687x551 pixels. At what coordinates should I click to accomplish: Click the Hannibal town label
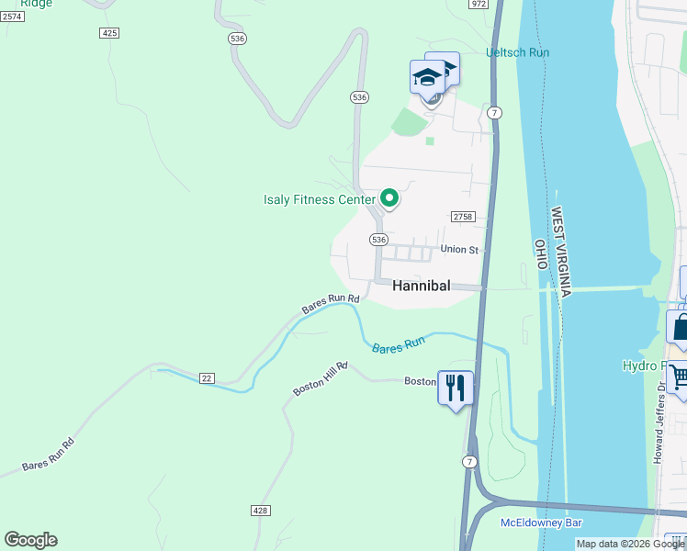422,286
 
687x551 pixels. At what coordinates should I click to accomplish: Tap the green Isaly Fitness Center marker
389,198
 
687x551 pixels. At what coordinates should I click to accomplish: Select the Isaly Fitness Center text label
320,199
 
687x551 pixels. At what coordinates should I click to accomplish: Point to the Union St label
460,249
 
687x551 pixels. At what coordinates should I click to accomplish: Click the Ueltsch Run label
517,52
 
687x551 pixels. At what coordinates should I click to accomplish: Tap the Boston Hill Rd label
320,378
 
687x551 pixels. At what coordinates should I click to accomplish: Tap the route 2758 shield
462,217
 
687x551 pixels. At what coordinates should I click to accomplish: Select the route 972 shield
478,4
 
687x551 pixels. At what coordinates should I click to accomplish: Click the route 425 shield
109,33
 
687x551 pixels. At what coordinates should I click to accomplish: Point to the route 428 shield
260,509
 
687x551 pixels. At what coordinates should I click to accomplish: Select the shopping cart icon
679,377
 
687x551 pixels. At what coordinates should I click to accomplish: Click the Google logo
30,540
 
